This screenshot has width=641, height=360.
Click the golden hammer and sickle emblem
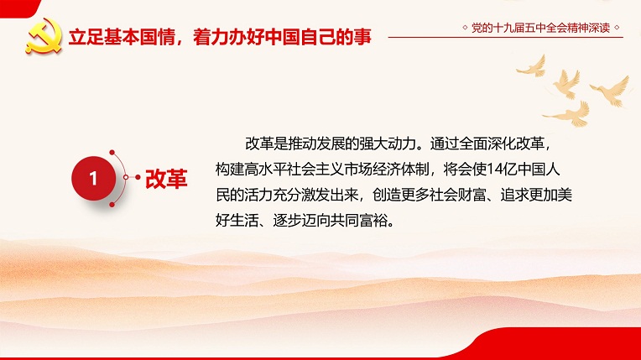point(44,36)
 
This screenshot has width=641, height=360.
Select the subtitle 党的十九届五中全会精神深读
point(540,28)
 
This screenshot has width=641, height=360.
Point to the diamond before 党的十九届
point(465,28)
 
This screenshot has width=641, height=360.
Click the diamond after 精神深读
point(617,28)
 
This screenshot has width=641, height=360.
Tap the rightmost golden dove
point(611,91)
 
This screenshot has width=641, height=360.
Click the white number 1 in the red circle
point(93,179)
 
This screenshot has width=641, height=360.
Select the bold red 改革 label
point(166,179)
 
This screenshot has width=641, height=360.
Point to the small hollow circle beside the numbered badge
point(126,177)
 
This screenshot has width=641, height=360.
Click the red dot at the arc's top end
point(112,153)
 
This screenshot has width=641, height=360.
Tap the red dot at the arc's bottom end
point(112,205)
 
